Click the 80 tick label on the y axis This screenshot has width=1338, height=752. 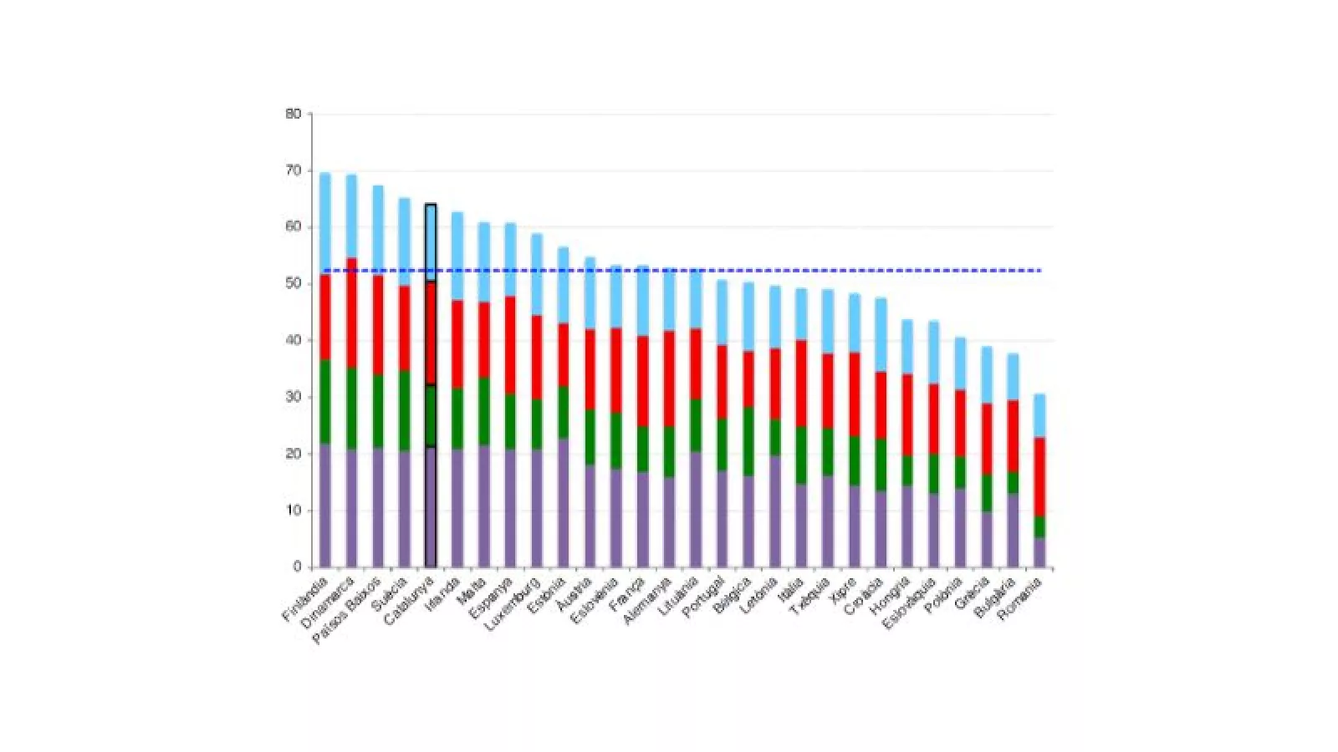coord(293,114)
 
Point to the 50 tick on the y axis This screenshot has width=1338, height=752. coord(293,284)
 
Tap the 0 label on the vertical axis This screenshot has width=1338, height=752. coord(297,567)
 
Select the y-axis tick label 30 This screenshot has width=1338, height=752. coord(293,397)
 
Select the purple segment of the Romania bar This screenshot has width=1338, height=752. coord(1039,552)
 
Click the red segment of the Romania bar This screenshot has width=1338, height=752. coord(1039,476)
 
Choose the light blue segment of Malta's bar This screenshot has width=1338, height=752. coord(484,262)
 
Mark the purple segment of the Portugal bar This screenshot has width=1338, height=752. coord(723,519)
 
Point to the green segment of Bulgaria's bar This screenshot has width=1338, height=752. coord(1013,483)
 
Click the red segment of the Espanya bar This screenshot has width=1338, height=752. coord(510,345)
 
